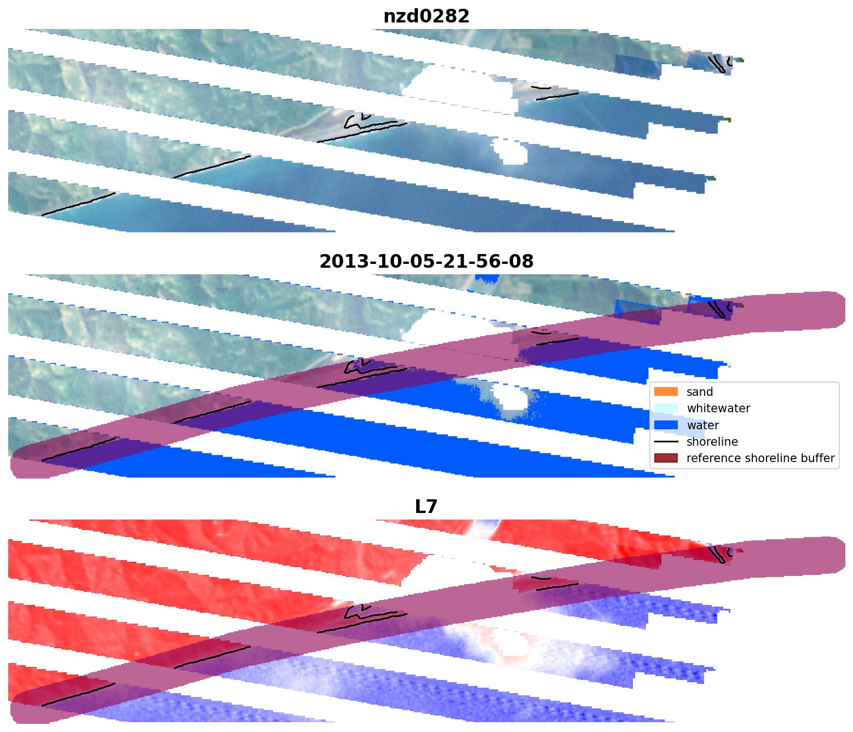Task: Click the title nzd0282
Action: click(x=426, y=16)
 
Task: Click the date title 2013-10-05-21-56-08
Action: click(x=426, y=262)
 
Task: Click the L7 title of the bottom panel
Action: click(x=426, y=507)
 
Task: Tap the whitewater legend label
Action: click(x=718, y=408)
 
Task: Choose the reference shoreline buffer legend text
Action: click(x=760, y=458)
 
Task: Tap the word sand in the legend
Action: click(x=700, y=392)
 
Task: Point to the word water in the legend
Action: click(x=702, y=425)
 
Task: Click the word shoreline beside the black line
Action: click(x=712, y=441)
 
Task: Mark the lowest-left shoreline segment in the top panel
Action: click(x=78, y=204)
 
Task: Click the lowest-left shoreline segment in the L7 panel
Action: click(x=78, y=695)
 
